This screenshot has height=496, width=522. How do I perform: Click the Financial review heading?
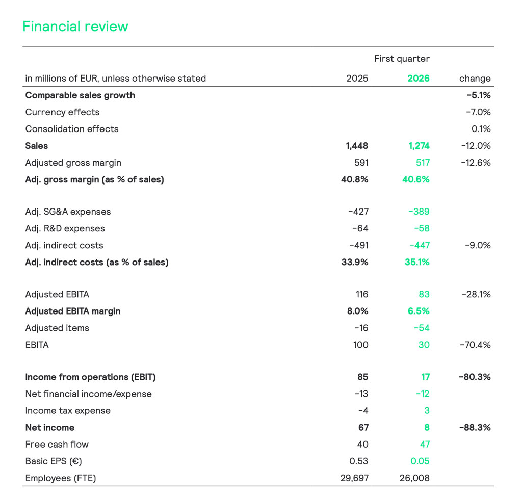click(75, 27)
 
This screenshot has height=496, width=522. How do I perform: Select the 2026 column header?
click(419, 79)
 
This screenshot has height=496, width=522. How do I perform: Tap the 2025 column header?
click(357, 79)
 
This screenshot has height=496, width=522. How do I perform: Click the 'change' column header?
click(475, 79)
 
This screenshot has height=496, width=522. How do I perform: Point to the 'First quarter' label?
click(402, 59)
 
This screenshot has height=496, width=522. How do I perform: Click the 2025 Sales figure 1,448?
click(357, 146)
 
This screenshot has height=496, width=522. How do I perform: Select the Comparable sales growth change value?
click(478, 95)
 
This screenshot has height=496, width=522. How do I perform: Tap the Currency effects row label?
click(62, 112)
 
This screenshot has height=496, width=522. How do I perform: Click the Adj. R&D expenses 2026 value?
click(422, 228)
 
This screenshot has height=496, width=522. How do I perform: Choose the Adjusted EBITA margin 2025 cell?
click(358, 311)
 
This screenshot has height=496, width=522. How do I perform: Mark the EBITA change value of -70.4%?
click(476, 345)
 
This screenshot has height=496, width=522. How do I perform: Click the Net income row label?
click(50, 427)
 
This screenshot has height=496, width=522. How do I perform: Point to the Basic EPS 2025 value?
click(359, 461)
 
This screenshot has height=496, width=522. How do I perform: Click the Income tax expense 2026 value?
click(426, 410)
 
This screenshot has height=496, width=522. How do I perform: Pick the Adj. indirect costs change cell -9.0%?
click(478, 245)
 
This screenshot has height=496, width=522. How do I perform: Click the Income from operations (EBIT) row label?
click(90, 377)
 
